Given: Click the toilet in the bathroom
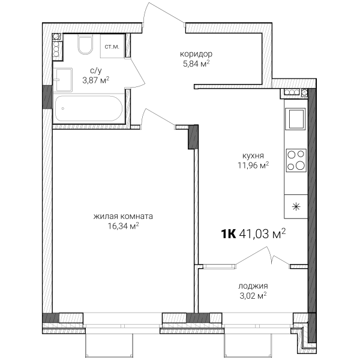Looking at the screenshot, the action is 85,44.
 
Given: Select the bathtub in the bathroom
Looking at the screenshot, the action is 89,109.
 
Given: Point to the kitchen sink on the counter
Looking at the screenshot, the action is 296,119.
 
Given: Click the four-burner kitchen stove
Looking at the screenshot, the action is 296,160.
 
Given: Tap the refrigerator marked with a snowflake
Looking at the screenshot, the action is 296,206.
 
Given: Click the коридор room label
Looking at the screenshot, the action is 196,54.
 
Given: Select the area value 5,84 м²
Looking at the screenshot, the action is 196,64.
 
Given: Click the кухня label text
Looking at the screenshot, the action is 253,156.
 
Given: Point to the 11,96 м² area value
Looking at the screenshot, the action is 253,166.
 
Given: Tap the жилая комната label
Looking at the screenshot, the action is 123,216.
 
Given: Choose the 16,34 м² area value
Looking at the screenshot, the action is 123,226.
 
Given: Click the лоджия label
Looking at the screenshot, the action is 253,286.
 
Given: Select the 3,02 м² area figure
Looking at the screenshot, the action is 253,296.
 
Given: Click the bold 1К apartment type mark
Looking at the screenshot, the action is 229,234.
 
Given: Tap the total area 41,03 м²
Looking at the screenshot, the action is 263,234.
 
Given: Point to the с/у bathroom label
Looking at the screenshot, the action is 96,71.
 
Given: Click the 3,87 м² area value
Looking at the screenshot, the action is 96,80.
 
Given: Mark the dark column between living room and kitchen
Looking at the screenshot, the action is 193,137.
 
